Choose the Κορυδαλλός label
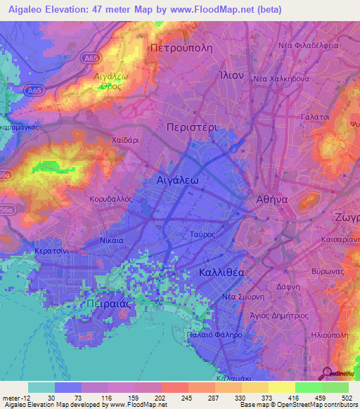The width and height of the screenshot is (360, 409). click(111, 200)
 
